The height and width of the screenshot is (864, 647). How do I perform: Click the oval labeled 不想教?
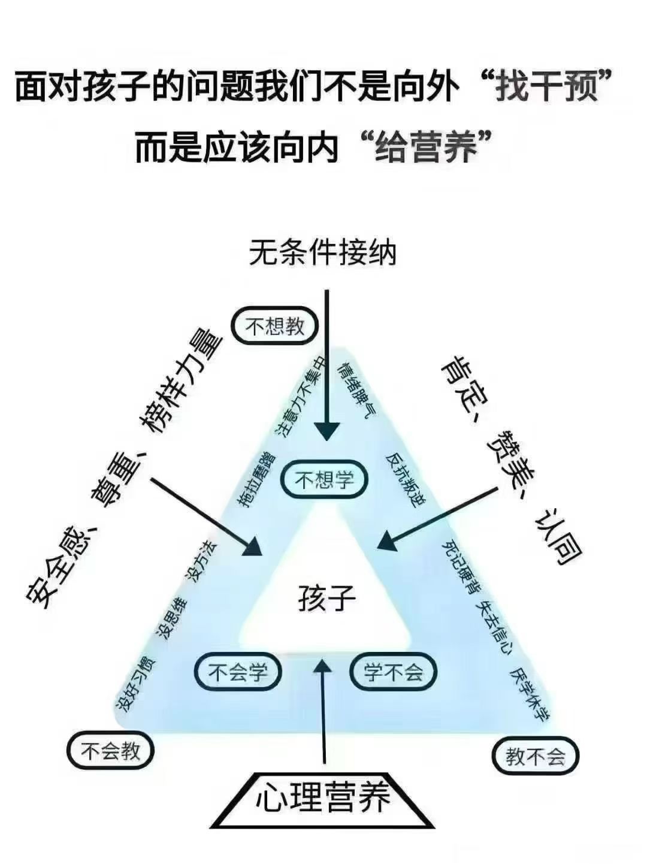point(275,327)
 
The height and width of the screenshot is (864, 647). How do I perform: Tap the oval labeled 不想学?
point(325,479)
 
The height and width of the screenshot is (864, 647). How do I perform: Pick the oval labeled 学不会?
point(393,672)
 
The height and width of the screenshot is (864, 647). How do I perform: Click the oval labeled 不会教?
point(110,751)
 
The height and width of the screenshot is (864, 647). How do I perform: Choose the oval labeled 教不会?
point(536,757)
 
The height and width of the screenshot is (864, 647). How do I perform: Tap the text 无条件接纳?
point(323,253)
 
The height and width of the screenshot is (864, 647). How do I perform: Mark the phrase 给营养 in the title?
point(426,147)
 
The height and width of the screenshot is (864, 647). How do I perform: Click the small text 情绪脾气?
point(358,391)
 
